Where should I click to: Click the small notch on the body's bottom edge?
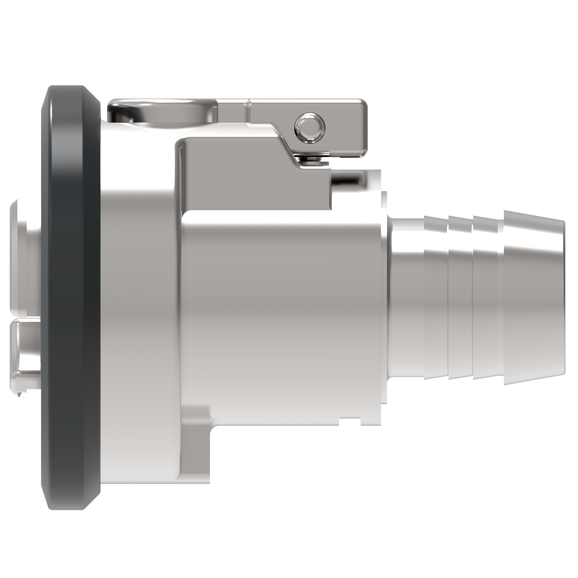(350, 423)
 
